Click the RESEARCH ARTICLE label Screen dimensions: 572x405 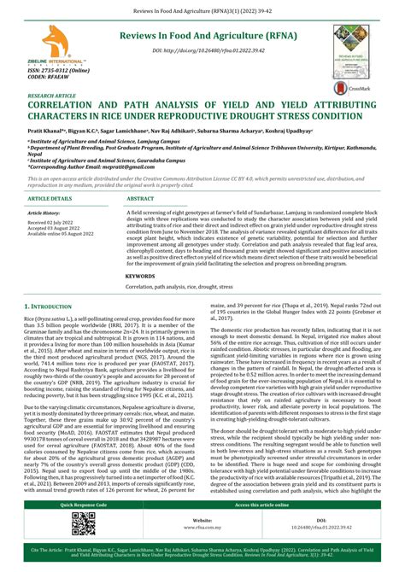[51, 97]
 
